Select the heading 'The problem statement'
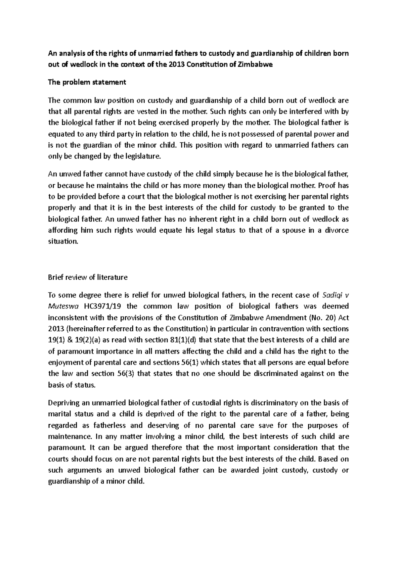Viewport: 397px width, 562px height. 87,82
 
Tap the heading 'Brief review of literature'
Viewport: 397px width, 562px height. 88,277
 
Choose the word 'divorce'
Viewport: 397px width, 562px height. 337,230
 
